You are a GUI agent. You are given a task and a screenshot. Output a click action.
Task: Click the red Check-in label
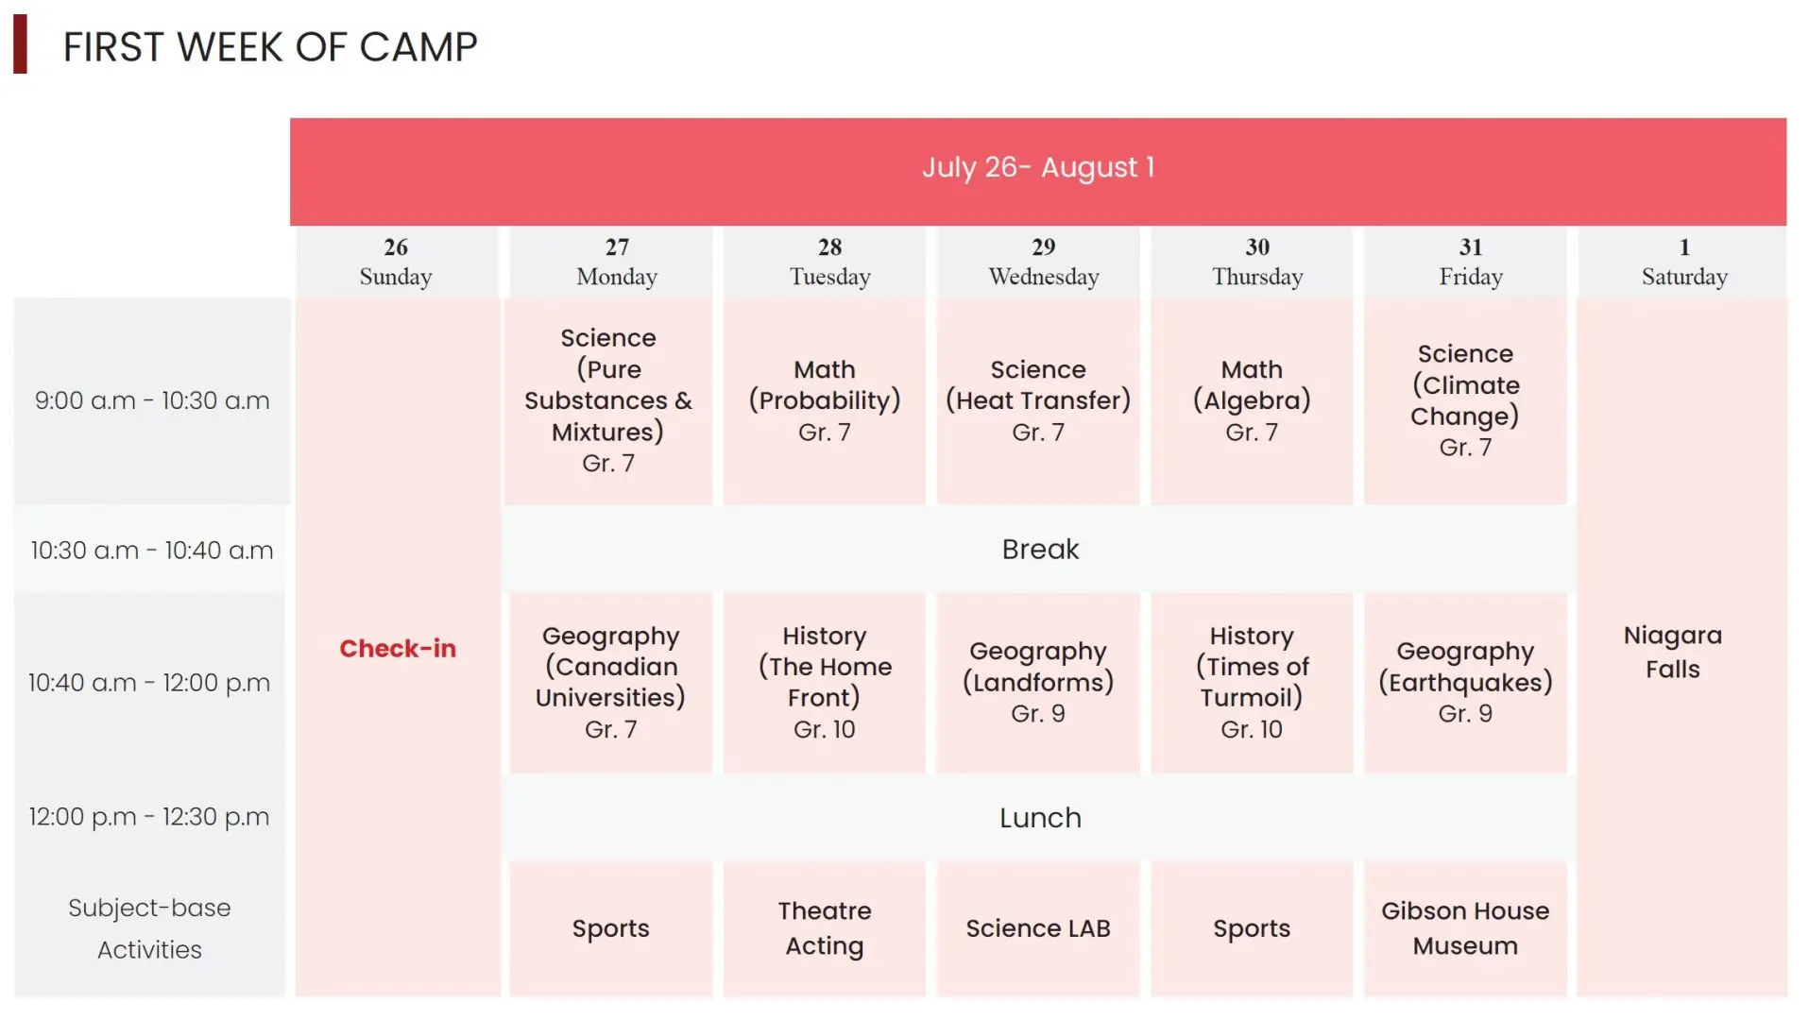398,649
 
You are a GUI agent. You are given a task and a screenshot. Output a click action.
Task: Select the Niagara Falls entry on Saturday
1672,652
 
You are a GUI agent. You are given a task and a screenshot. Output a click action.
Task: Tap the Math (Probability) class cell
825,400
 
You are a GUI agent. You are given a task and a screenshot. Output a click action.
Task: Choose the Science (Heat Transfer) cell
1038,400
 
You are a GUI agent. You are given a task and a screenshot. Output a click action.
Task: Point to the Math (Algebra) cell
1252,400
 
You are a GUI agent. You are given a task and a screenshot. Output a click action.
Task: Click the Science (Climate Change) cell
1465,400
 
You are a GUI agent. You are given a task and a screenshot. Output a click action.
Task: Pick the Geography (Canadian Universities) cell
610,682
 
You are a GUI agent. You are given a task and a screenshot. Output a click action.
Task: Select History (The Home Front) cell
825,682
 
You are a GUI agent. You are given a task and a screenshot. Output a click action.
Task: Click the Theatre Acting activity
825,928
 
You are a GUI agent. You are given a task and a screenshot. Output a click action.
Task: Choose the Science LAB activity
1038,928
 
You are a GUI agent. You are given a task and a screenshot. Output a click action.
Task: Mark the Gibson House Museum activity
1465,928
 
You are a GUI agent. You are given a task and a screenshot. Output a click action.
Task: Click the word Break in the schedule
1040,550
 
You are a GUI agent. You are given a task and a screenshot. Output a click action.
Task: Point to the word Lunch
1040,818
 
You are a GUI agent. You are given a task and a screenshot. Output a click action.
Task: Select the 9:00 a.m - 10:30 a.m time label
152,400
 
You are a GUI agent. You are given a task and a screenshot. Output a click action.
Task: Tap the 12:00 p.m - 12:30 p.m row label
149,817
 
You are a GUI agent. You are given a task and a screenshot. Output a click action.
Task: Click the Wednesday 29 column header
1044,262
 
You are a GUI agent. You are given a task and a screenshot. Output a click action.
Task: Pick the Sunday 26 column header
396,262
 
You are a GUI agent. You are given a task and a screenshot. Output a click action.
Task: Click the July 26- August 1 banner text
1038,167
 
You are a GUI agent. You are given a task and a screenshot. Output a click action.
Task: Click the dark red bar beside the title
20,43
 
